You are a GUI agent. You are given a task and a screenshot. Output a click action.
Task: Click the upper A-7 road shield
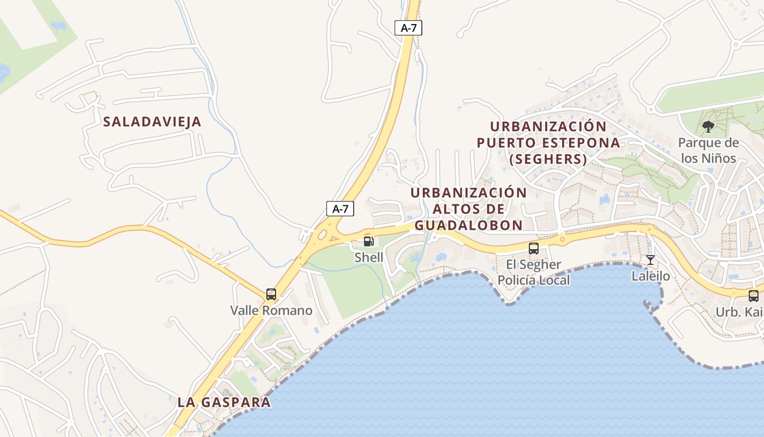409,28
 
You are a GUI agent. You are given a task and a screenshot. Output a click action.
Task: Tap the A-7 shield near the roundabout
340,208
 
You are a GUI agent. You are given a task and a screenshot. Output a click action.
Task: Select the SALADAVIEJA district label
152,122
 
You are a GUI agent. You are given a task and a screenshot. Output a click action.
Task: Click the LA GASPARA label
224,403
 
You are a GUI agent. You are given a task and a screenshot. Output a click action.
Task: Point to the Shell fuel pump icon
369,241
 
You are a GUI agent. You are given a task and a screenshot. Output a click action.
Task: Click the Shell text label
369,257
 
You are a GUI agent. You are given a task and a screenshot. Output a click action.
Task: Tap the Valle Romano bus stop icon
271,294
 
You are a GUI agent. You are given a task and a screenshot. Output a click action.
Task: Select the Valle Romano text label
271,311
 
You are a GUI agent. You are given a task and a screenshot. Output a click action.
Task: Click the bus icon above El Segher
534,249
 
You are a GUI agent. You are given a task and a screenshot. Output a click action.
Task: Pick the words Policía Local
533,280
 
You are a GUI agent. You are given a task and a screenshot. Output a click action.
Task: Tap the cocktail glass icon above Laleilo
650,259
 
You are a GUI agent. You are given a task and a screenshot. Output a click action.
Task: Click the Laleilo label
650,276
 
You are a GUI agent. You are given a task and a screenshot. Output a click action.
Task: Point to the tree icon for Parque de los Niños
708,127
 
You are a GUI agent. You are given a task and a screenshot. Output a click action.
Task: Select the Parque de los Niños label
708,151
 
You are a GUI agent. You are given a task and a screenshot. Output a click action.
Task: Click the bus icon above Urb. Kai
754,296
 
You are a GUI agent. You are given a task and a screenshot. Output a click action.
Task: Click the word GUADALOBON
468,225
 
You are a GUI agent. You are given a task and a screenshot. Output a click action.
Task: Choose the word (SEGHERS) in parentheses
548,160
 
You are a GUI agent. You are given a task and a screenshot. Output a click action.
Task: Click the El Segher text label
533,265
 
